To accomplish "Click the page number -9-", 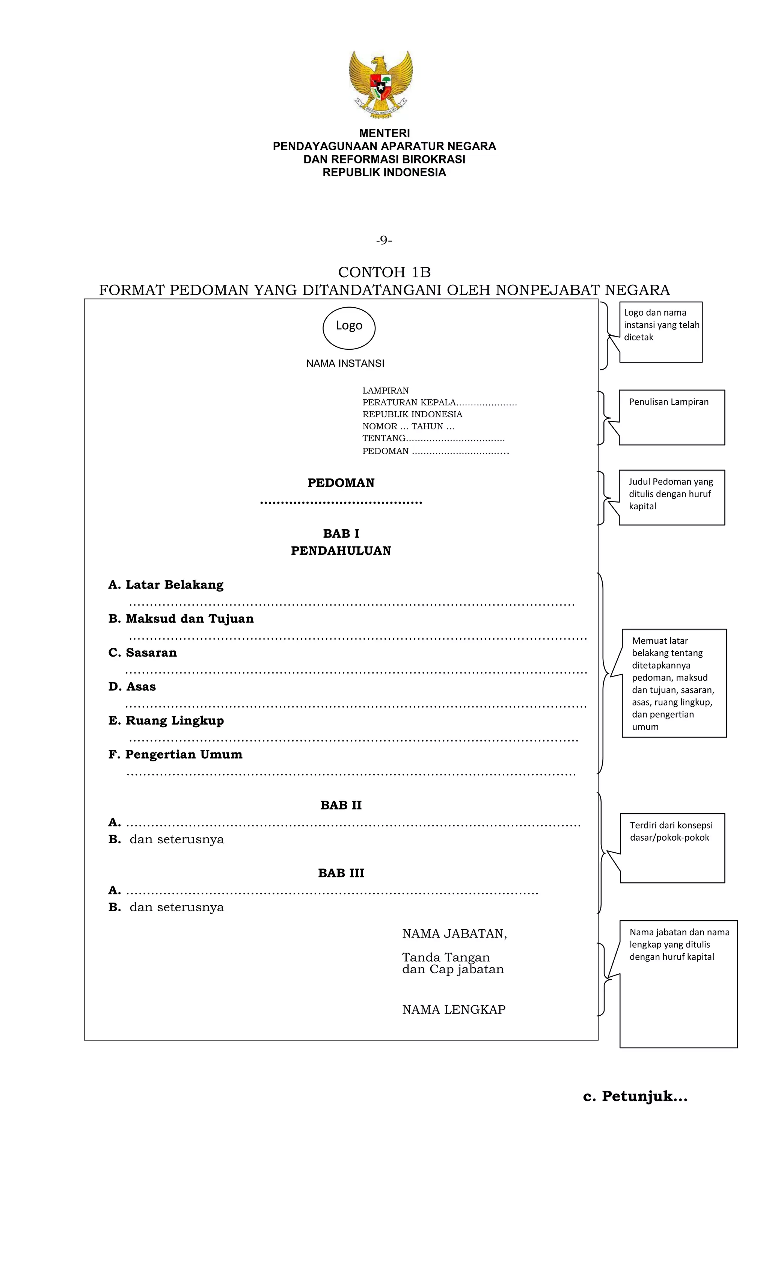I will (384, 240).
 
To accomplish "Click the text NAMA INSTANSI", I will (345, 364).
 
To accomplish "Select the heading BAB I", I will (341, 534).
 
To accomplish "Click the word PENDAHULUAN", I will (341, 551).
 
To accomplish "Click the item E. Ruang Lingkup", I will (166, 720).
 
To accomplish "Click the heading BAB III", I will (341, 873).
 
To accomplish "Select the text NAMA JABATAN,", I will (454, 934).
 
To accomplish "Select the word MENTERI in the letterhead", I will (384, 133).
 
